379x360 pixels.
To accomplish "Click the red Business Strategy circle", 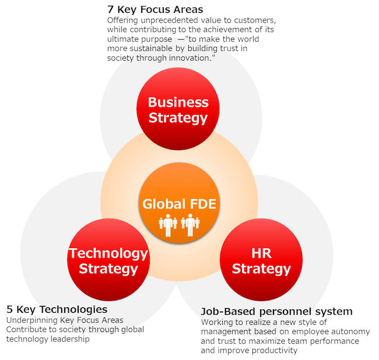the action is [178, 109].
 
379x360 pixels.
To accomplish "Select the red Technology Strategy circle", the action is [108, 260].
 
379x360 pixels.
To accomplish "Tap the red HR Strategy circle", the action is [261, 260].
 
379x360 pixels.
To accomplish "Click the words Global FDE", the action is [179, 204].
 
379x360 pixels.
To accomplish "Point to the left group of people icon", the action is [168, 225].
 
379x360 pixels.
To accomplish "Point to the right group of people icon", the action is [190, 225].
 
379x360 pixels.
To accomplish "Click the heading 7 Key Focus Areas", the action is [155, 9].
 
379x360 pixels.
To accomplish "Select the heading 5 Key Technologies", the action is [57, 309].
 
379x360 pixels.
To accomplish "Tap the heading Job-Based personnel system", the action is [276, 312].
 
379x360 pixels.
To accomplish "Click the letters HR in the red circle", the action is [261, 253].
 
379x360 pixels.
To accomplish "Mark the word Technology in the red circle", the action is [108, 254].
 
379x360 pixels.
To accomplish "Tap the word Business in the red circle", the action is [178, 102].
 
